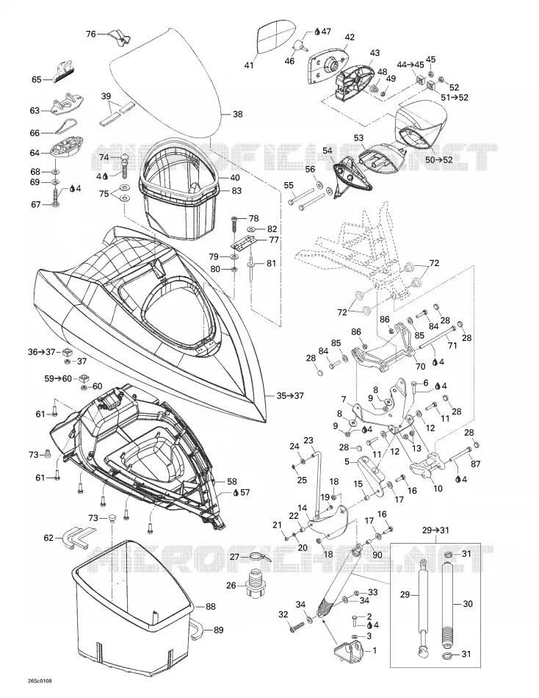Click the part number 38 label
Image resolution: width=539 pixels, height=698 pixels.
click(x=238, y=115)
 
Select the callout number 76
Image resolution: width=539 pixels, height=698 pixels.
click(x=91, y=34)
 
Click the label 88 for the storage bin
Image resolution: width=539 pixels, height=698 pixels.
click(x=211, y=606)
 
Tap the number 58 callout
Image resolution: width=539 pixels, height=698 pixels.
click(x=232, y=481)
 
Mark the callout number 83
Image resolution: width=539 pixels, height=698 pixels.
click(x=236, y=190)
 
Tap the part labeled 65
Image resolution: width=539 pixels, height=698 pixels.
click(x=65, y=71)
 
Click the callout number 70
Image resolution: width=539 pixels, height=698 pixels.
click(x=420, y=367)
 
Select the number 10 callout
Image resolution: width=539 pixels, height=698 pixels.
click(x=438, y=489)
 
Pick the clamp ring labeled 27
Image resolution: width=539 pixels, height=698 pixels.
click(x=256, y=556)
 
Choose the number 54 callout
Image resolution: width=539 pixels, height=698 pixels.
click(x=327, y=151)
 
